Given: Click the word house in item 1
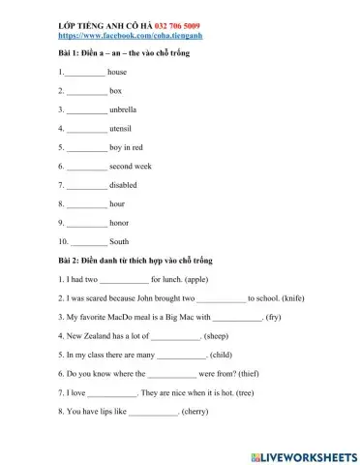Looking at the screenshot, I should click(117, 72).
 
